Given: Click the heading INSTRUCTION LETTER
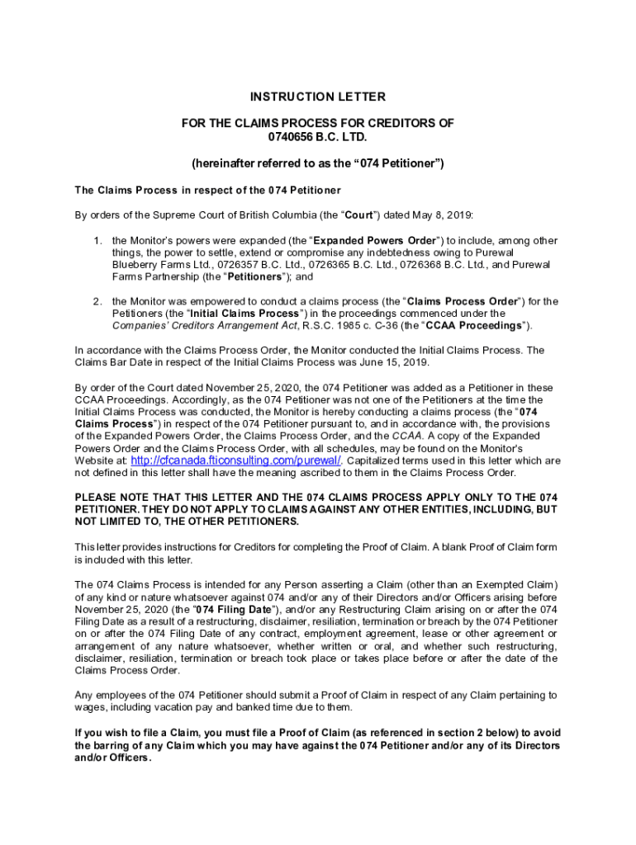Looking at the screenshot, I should [x=318, y=97].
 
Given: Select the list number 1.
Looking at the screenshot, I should [x=97, y=241].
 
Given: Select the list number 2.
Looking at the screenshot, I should [x=97, y=301].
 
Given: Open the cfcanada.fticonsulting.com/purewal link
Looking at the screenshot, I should [x=237, y=460].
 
